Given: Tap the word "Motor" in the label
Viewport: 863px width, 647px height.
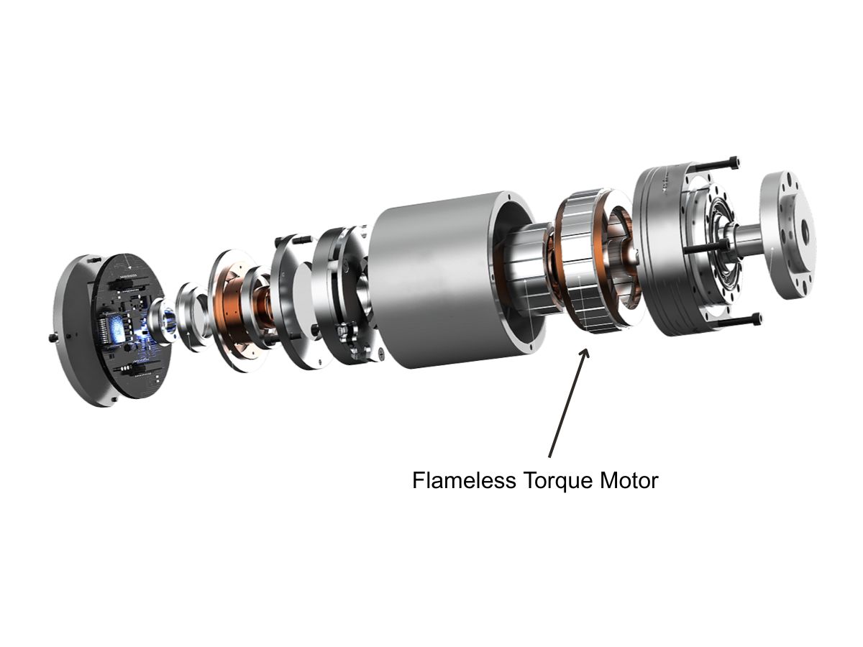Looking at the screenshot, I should [x=629, y=480].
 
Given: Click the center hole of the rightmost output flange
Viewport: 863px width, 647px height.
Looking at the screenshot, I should [x=804, y=231].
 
